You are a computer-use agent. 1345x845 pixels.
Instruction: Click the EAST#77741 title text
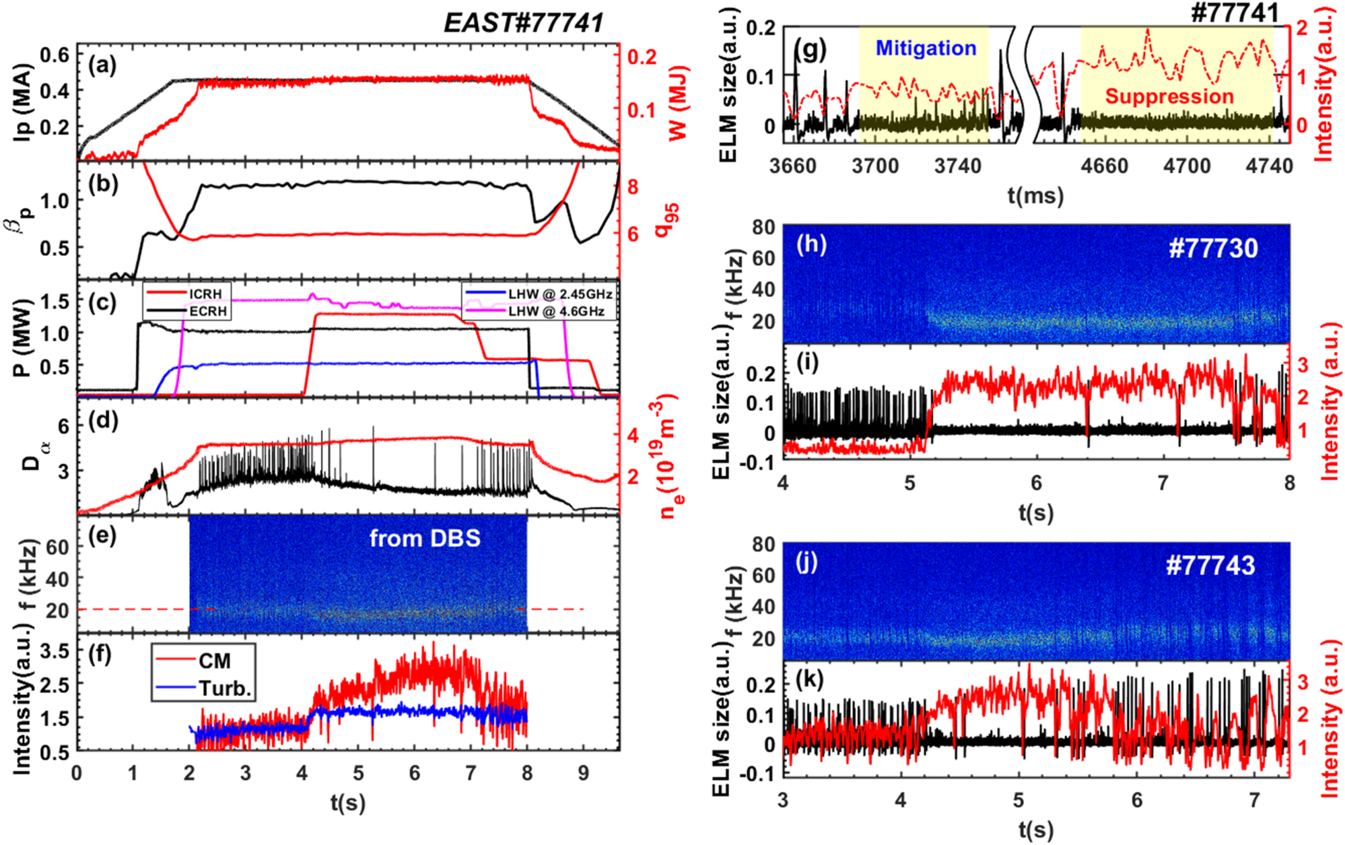pyautogui.click(x=523, y=23)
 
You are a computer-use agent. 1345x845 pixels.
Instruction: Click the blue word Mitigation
pyautogui.click(x=926, y=48)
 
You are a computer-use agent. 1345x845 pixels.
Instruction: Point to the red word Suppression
pyautogui.click(x=1169, y=96)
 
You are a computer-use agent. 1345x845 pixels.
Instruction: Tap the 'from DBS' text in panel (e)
pyautogui.click(x=425, y=538)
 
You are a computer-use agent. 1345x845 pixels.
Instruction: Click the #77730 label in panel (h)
pyautogui.click(x=1213, y=248)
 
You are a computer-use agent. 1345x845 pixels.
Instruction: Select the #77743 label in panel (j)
pyautogui.click(x=1210, y=565)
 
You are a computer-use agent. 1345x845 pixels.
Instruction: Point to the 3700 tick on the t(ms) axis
pyautogui.click(x=875, y=166)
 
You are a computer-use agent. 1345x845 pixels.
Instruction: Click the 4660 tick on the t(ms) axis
pyautogui.click(x=1105, y=166)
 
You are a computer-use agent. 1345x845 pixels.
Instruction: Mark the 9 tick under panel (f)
pyautogui.click(x=583, y=773)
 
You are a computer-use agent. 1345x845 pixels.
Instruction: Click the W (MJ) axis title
pyautogui.click(x=679, y=102)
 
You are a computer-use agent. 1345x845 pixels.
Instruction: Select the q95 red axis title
pyautogui.click(x=667, y=220)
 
